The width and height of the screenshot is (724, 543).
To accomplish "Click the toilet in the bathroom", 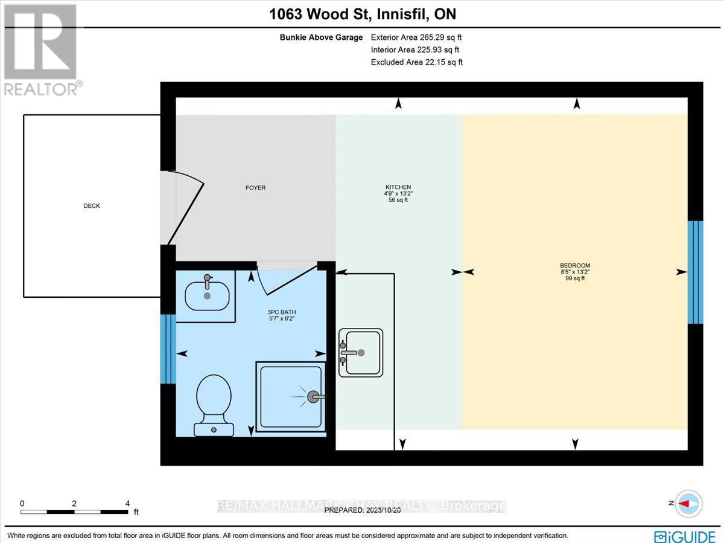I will (x=214, y=403).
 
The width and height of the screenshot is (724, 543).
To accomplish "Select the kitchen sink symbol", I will (x=360, y=353).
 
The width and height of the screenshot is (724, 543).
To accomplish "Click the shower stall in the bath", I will (x=290, y=397).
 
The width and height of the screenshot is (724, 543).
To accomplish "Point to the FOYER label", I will (x=256, y=188).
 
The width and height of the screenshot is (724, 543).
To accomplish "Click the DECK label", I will (x=92, y=206).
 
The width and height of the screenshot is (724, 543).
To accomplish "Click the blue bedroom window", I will (x=695, y=272).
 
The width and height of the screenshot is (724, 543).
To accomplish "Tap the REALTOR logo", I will (x=41, y=48).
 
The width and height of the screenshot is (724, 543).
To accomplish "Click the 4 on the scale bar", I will (x=127, y=503).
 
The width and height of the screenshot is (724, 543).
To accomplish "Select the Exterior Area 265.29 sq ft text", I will (x=416, y=37).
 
